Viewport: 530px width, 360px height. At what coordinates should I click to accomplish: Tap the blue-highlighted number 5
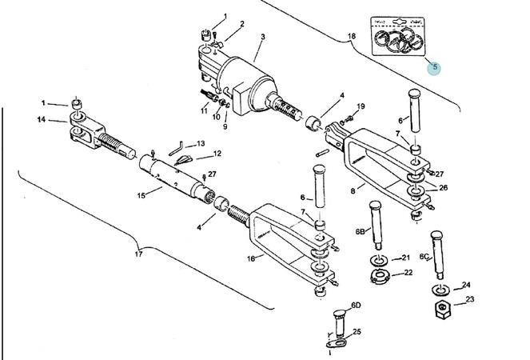(435, 67)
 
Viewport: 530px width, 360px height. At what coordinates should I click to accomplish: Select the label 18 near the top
(351, 37)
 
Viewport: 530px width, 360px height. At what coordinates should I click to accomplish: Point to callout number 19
(361, 106)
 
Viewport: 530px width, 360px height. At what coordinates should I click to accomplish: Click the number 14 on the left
(42, 120)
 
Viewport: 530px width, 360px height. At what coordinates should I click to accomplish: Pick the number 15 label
(141, 194)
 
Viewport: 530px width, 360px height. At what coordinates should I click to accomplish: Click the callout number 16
(250, 258)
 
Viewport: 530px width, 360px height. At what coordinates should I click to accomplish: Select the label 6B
(361, 231)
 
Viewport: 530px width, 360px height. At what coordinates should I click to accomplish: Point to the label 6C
(426, 257)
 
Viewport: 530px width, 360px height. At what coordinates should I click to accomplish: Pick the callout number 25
(357, 331)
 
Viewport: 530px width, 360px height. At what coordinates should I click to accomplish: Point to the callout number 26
(443, 188)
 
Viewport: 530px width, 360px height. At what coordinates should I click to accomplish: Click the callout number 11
(205, 111)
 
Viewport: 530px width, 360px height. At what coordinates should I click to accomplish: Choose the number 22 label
(408, 273)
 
